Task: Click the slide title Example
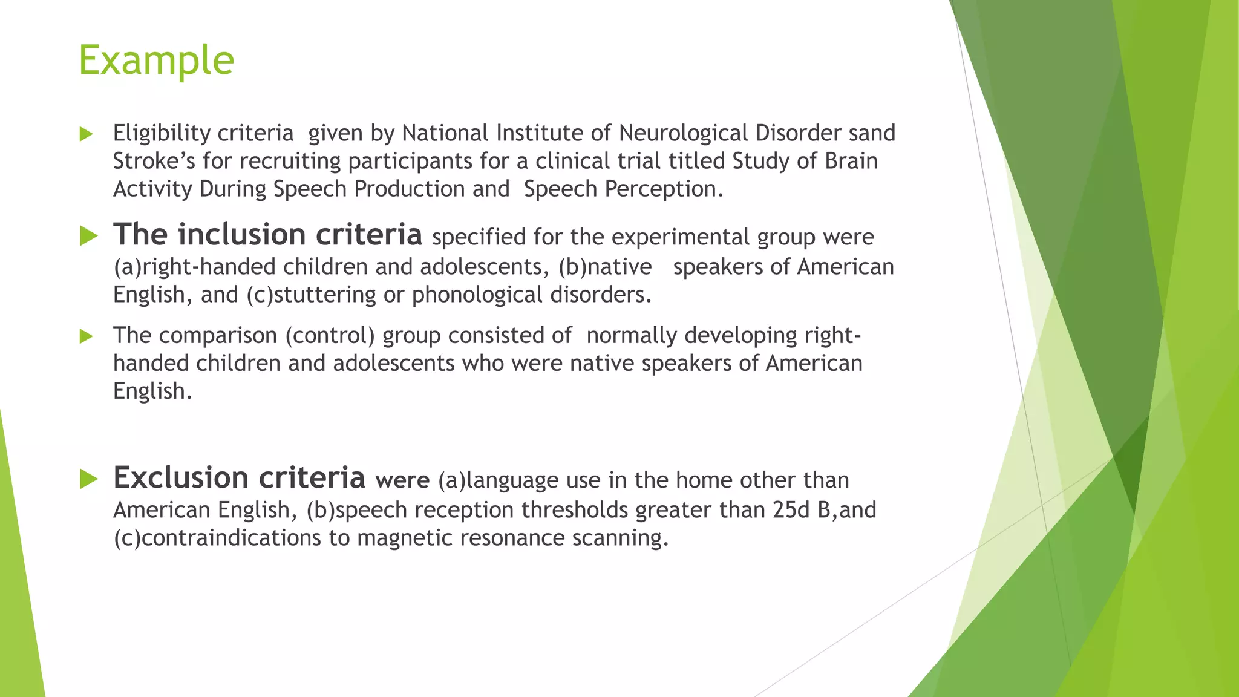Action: click(x=156, y=60)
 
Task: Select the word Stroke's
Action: click(x=154, y=161)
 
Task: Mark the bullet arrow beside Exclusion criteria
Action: click(x=88, y=479)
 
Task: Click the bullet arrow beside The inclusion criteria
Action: click(x=88, y=236)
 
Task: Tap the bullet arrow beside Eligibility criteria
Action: click(x=87, y=134)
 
